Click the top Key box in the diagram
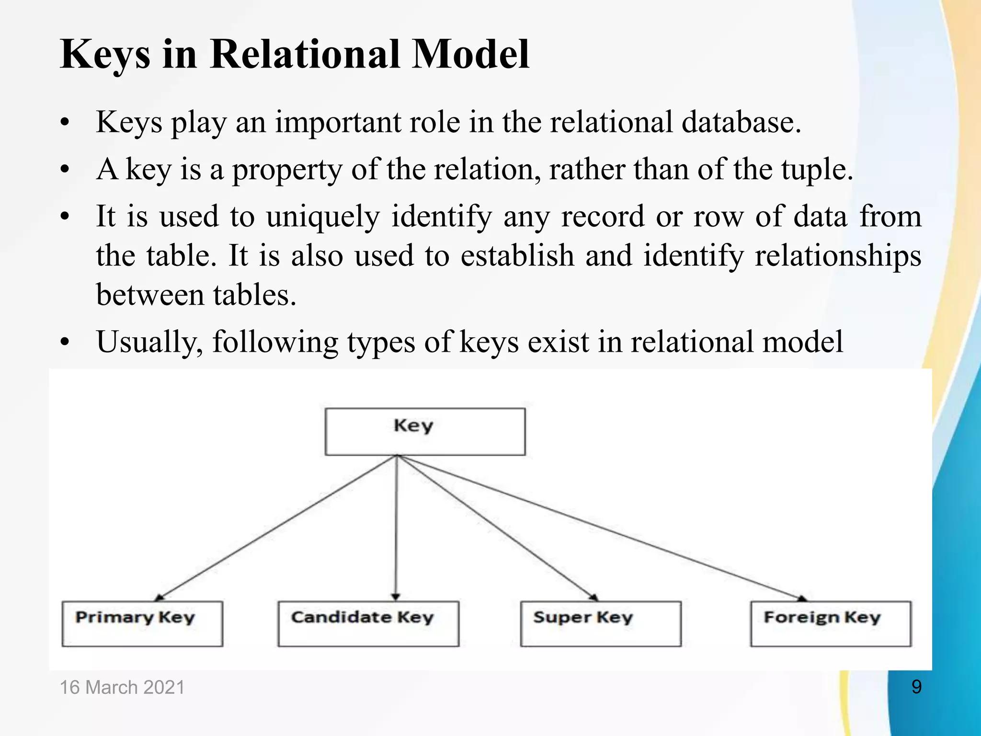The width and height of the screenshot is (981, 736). coord(425,431)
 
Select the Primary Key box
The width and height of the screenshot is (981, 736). coord(142,623)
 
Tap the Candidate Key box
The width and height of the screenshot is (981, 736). coord(368,623)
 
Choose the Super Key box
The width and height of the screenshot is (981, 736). coord(601,623)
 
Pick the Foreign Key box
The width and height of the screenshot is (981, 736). coord(831,623)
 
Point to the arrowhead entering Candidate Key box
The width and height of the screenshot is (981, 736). coord(395,597)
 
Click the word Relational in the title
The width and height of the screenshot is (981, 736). coord(305,54)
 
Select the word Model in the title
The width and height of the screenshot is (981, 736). coord(470,54)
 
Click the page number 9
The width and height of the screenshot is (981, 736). coord(916,687)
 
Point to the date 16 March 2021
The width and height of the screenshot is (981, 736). coord(122,687)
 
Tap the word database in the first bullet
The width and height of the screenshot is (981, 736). coord(741,122)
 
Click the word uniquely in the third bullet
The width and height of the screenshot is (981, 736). coord(323,217)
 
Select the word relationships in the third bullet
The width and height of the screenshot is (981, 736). coord(838,255)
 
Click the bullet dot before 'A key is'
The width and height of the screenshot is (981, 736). coord(65,170)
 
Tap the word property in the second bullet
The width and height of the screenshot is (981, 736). coord(287,170)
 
